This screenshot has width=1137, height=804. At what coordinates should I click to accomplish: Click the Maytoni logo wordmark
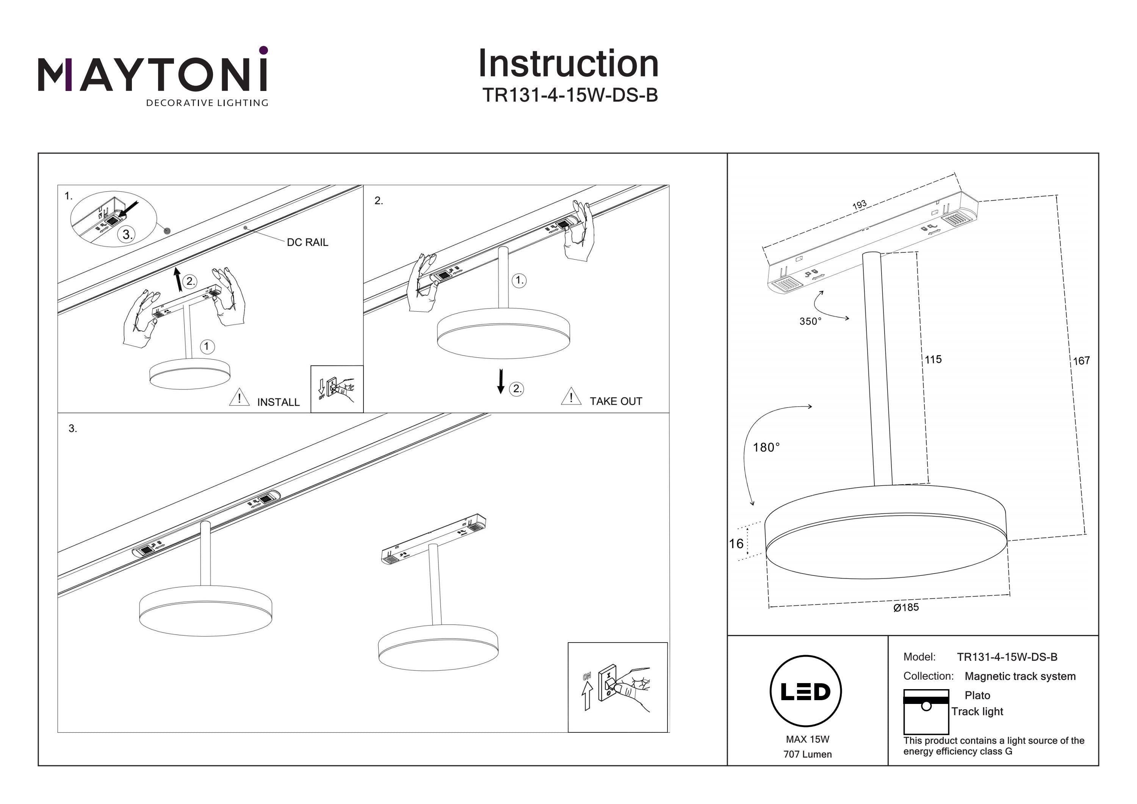152,74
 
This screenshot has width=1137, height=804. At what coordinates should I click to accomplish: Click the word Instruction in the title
568,64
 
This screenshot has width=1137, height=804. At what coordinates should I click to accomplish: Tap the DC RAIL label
307,242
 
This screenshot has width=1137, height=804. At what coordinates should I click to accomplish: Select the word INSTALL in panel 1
278,402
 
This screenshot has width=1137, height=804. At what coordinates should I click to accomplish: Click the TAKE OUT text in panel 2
615,401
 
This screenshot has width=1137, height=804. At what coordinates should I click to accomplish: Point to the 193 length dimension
859,205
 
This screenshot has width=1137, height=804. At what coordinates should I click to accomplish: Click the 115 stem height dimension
933,360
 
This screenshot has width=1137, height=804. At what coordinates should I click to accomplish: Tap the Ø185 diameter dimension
906,607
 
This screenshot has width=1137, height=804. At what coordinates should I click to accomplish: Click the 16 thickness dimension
736,544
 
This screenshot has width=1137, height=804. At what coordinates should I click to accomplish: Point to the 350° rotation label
810,321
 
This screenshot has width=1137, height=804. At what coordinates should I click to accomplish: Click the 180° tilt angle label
766,448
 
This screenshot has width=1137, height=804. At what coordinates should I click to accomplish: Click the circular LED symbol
806,691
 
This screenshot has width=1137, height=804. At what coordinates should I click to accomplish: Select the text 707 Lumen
807,754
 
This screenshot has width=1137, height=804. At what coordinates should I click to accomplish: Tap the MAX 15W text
807,739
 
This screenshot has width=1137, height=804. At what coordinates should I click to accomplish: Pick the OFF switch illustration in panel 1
337,389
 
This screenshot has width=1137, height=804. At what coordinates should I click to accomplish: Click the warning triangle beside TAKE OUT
571,397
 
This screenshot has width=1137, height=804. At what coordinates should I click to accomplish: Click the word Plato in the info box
977,696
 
